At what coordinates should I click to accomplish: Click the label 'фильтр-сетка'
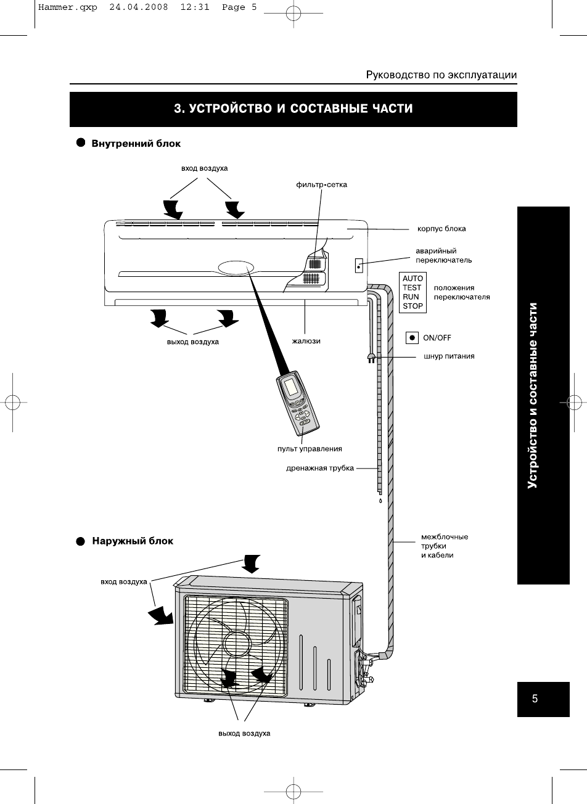click(321, 185)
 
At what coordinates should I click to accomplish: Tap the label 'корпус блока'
click(441, 229)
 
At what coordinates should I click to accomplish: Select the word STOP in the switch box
click(413, 306)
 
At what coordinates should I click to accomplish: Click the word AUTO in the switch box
click(413, 279)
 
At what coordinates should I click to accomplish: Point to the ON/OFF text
click(437, 338)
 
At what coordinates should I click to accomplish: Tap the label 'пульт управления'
click(310, 449)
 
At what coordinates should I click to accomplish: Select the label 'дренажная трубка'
click(320, 468)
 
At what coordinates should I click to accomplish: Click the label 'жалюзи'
click(306, 341)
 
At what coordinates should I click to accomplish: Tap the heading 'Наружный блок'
click(133, 541)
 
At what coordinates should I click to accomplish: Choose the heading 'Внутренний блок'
click(136, 144)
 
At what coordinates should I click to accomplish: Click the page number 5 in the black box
click(535, 699)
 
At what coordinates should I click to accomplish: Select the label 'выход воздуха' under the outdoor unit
click(244, 734)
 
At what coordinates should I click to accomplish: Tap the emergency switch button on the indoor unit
click(358, 266)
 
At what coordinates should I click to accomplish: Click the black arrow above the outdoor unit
click(250, 563)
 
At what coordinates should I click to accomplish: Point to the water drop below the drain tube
click(380, 501)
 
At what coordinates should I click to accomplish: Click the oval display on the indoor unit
click(234, 268)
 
